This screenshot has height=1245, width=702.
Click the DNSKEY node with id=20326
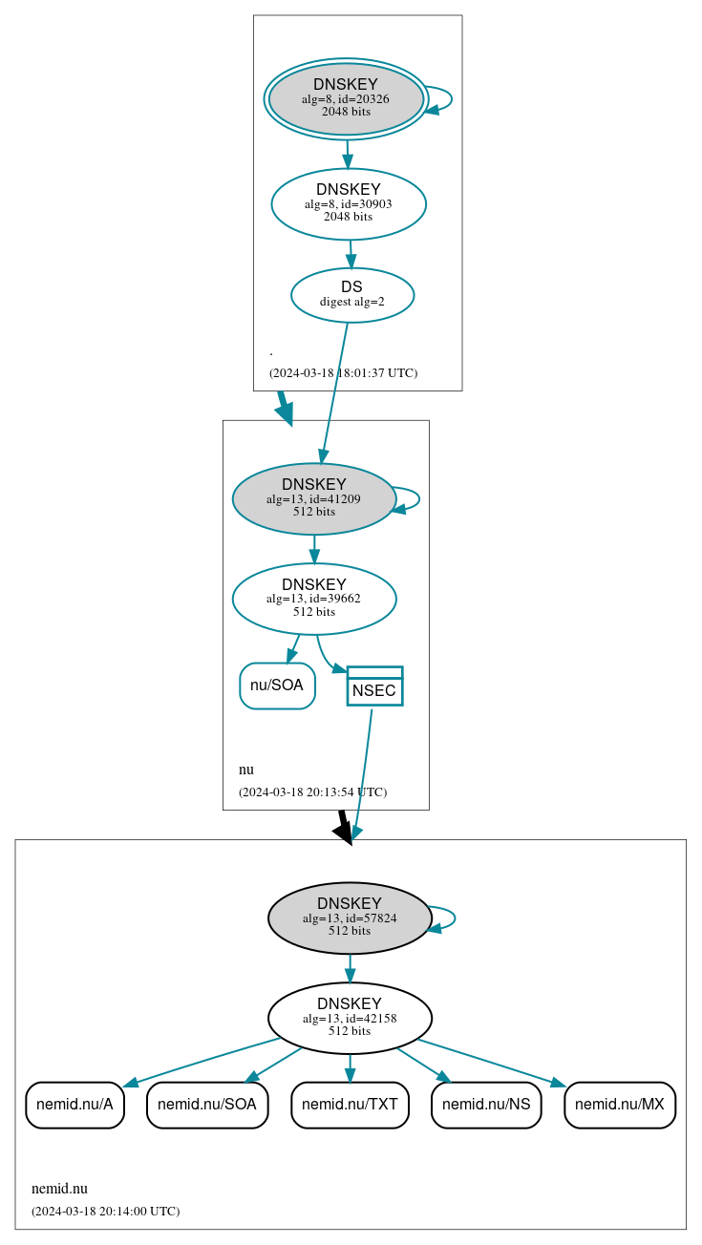[346, 98]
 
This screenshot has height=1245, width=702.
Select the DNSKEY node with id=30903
[349, 203]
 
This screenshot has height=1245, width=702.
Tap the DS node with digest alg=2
[352, 294]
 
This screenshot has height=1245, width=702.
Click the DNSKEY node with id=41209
[314, 498]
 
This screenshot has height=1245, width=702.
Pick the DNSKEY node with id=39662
[314, 599]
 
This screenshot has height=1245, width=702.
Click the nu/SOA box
[277, 686]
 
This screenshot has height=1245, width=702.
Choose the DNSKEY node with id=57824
[350, 918]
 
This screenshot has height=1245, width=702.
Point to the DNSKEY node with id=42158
[350, 1018]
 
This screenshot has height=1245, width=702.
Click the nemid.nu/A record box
[74, 1105]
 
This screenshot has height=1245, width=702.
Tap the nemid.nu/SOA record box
[207, 1105]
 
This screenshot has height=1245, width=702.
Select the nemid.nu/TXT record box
[350, 1105]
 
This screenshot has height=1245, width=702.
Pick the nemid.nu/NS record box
[487, 1105]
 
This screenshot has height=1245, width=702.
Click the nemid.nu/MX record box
[620, 1105]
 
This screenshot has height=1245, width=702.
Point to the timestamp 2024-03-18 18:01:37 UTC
[343, 372]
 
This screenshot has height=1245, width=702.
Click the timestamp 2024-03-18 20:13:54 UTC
[312, 791]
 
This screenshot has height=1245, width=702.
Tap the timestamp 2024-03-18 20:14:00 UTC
[105, 1211]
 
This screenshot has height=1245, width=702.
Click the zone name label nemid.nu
[59, 1189]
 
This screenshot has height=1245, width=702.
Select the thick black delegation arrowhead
[345, 831]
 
